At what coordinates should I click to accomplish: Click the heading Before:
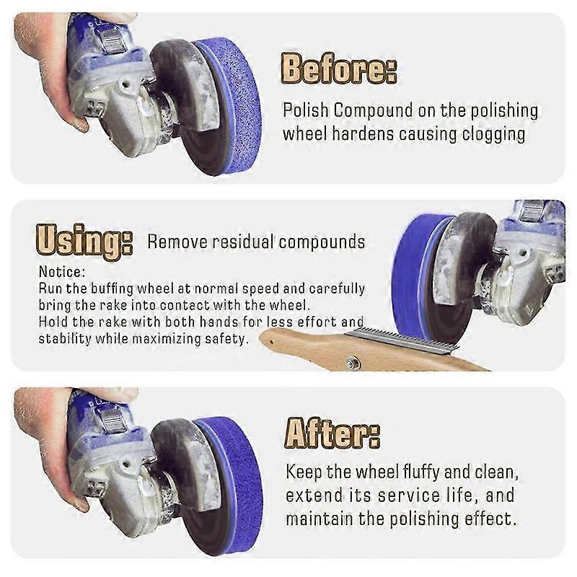(x=338, y=70)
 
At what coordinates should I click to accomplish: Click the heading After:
(x=332, y=433)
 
